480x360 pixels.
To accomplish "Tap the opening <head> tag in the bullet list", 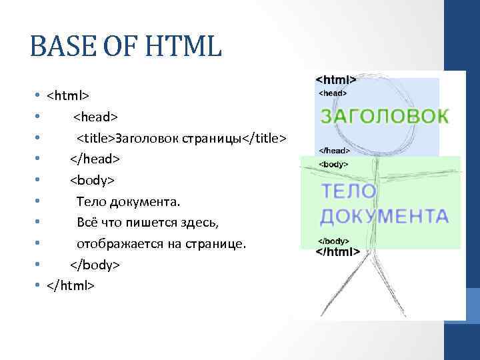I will (95, 117).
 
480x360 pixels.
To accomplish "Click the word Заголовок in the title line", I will (145, 138).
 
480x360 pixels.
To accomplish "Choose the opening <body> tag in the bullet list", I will (93, 181).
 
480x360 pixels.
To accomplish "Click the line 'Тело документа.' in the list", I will (128, 201).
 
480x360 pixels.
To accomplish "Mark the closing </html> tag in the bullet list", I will (71, 286).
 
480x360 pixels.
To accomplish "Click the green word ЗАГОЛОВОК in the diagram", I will (385, 116).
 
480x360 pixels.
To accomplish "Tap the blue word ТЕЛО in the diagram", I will (349, 191).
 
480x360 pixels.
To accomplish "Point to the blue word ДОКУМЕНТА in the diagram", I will (384, 216).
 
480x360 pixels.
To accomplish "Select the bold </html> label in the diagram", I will (337, 252).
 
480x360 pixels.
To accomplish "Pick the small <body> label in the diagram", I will (333, 163).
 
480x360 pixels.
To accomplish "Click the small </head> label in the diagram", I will (333, 151).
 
